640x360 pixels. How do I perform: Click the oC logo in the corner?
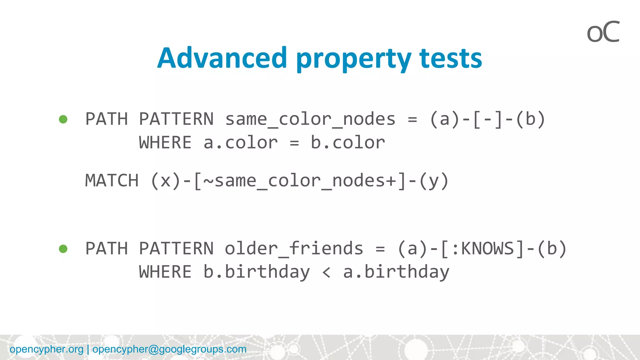[x=603, y=32]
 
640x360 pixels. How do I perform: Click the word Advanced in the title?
[x=222, y=58]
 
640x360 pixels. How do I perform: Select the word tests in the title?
[x=451, y=58]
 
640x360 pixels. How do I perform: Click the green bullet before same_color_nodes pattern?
[x=63, y=119]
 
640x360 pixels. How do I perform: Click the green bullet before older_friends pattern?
[x=63, y=249]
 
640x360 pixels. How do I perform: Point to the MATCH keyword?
[x=112, y=181]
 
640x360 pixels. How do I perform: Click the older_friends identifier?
[x=294, y=249]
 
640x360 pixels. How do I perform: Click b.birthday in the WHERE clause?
[x=256, y=272]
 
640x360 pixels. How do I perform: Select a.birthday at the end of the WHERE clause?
[x=396, y=272]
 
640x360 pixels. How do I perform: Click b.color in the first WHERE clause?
[x=347, y=143]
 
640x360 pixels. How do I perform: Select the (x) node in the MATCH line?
[x=166, y=181]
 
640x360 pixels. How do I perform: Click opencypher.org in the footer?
[x=47, y=349]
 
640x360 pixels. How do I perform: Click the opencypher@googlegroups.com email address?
[x=169, y=349]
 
